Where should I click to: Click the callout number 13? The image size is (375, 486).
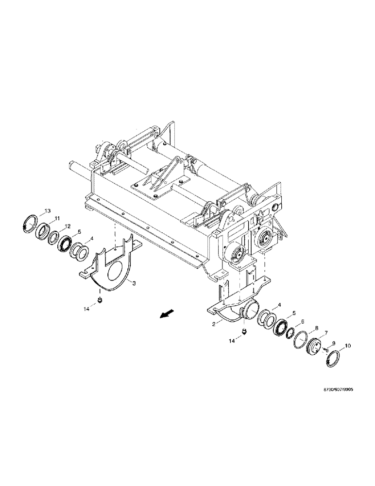tap(47, 211)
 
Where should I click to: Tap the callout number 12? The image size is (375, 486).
tap(68, 226)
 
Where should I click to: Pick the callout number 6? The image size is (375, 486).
tap(302, 322)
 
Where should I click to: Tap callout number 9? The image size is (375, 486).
tap(335, 343)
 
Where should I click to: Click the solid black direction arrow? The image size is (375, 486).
tap(167, 316)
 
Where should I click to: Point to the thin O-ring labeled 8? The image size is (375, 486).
tap(302, 339)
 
